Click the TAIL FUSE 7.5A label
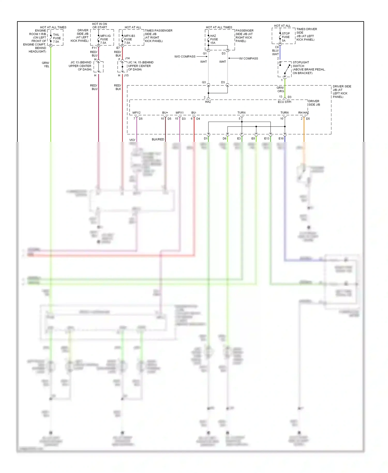click(x=57, y=38)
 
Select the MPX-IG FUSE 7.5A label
click(x=105, y=39)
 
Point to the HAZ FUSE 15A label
click(x=214, y=39)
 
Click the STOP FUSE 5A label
click(x=285, y=37)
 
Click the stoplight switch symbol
click(x=285, y=69)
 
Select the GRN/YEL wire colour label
click(x=46, y=64)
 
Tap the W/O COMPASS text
click(x=185, y=56)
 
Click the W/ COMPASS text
click(x=248, y=58)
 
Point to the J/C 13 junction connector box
click(x=98, y=67)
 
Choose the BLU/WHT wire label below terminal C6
click(x=275, y=52)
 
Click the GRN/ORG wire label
click(x=280, y=89)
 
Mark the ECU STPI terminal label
click(x=285, y=102)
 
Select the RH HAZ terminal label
click(x=303, y=113)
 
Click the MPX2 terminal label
click(x=136, y=113)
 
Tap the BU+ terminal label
click(x=165, y=113)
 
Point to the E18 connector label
click(x=281, y=138)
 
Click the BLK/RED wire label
click(x=158, y=139)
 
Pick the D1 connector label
click(x=206, y=138)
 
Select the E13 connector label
click(x=266, y=138)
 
